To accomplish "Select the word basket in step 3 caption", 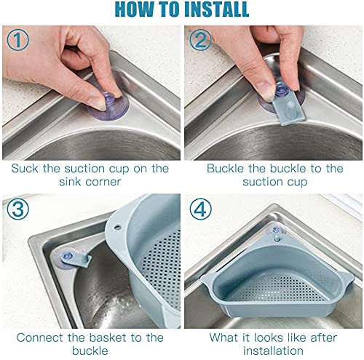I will pos(121,337).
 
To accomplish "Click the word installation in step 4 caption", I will pos(272,351).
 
